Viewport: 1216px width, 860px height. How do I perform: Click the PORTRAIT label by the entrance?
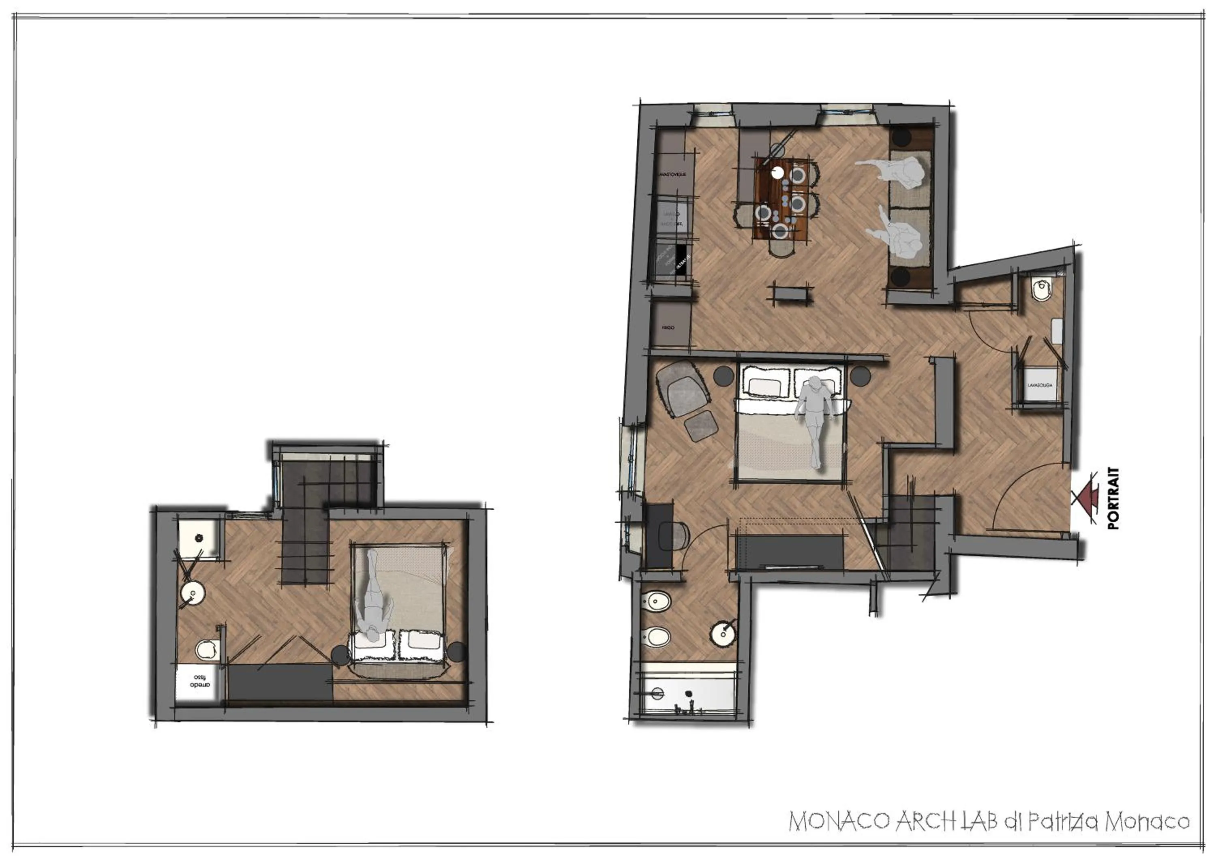coord(1113,498)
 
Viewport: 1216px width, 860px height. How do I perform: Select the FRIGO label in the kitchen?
coord(668,328)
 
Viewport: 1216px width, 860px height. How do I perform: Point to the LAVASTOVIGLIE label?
coord(672,174)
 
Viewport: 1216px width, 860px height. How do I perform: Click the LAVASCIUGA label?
coord(1040,385)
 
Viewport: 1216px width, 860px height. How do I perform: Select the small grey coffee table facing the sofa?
coord(792,292)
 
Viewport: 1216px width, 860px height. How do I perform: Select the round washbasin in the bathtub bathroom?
coord(722,634)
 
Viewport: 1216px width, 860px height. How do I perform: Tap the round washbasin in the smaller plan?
coord(193,593)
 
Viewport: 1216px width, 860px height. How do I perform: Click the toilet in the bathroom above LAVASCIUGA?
coord(1041,290)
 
